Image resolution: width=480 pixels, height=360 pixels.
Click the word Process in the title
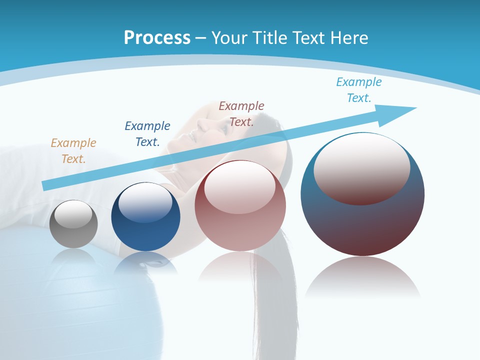click(157, 37)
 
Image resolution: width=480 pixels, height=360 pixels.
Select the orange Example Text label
click(73, 150)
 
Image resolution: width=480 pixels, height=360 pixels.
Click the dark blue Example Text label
click(147, 133)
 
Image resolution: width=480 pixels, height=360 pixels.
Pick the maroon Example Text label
click(241, 113)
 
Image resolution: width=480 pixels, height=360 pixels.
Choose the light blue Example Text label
click(358, 89)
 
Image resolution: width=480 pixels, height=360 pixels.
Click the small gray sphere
click(73, 232)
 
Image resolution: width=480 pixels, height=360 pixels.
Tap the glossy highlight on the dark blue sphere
click(145, 202)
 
